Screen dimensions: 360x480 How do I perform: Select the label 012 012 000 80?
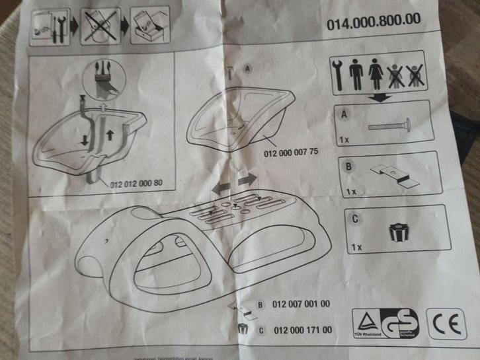[137, 184]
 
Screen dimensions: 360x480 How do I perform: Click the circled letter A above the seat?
[247, 69]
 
